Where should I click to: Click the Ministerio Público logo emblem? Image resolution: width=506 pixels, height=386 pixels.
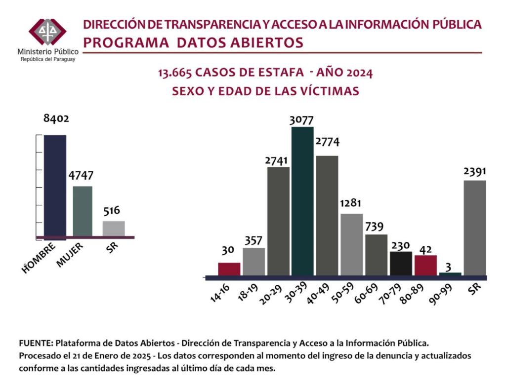click(47, 32)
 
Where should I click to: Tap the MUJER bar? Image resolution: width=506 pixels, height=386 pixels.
click(82, 211)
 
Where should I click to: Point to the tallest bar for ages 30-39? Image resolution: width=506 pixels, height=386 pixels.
click(302, 201)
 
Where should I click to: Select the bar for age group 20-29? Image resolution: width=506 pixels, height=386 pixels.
click(278, 221)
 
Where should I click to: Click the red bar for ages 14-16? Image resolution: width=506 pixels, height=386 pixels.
click(229, 269)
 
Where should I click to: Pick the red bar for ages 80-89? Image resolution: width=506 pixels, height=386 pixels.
click(425, 265)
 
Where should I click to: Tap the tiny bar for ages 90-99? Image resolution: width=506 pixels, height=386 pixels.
click(450, 274)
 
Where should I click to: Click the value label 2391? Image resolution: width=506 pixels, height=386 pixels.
click(475, 171)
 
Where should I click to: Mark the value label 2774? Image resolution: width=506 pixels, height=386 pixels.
click(327, 142)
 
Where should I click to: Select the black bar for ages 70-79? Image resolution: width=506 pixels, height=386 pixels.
click(401, 263)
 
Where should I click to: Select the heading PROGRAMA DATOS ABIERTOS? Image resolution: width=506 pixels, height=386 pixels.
click(193, 43)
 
